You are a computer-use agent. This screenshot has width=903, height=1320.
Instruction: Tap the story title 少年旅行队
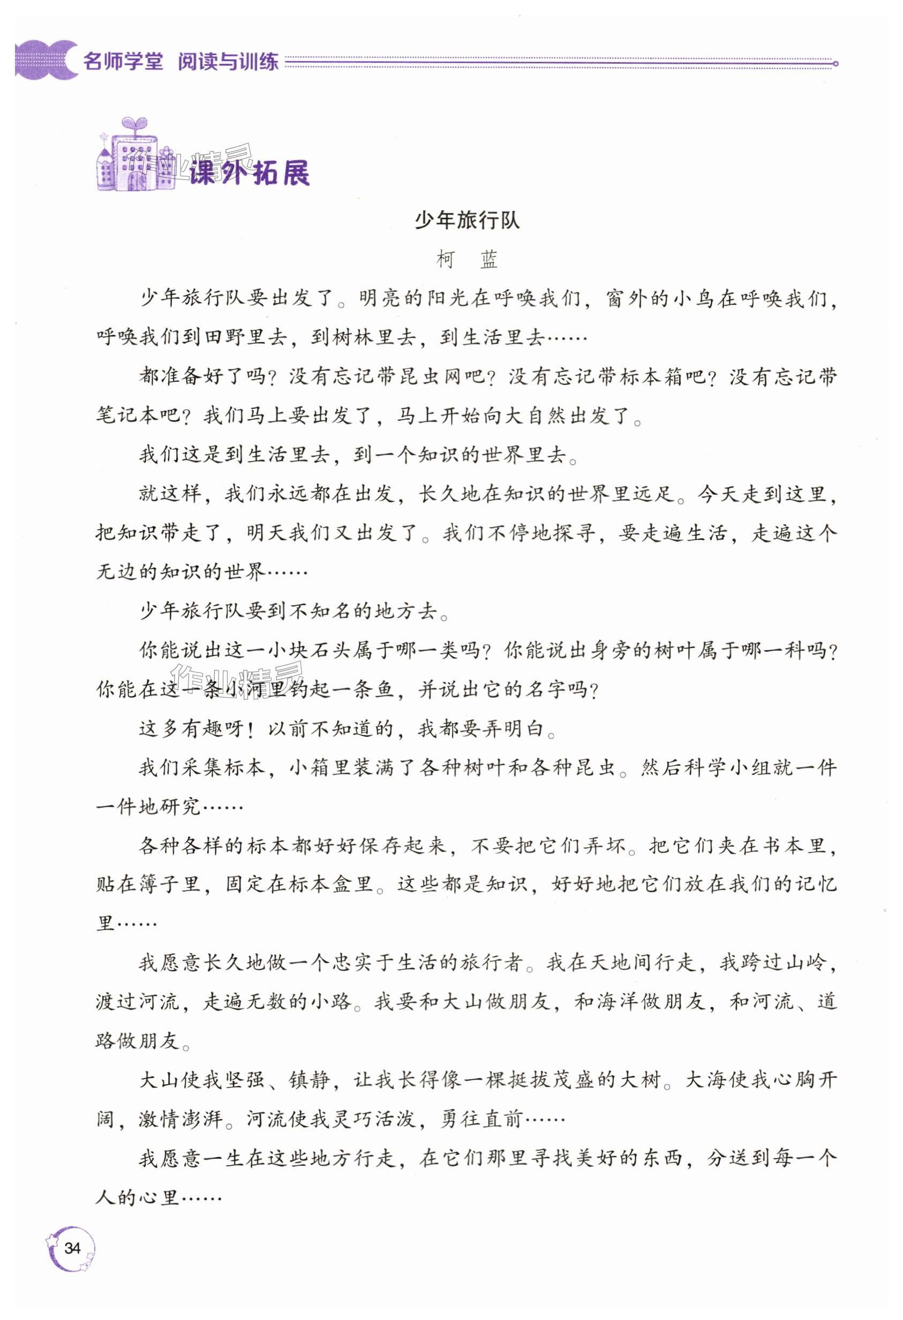467,221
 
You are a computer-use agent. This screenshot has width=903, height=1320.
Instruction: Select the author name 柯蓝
467,260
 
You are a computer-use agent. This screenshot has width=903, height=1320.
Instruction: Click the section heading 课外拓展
250,172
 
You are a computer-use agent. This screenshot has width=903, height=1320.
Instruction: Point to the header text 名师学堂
123,62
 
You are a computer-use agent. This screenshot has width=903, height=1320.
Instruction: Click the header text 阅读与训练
228,62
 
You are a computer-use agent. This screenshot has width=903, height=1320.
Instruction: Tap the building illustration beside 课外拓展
133,156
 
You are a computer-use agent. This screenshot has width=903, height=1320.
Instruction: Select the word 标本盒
322,884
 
